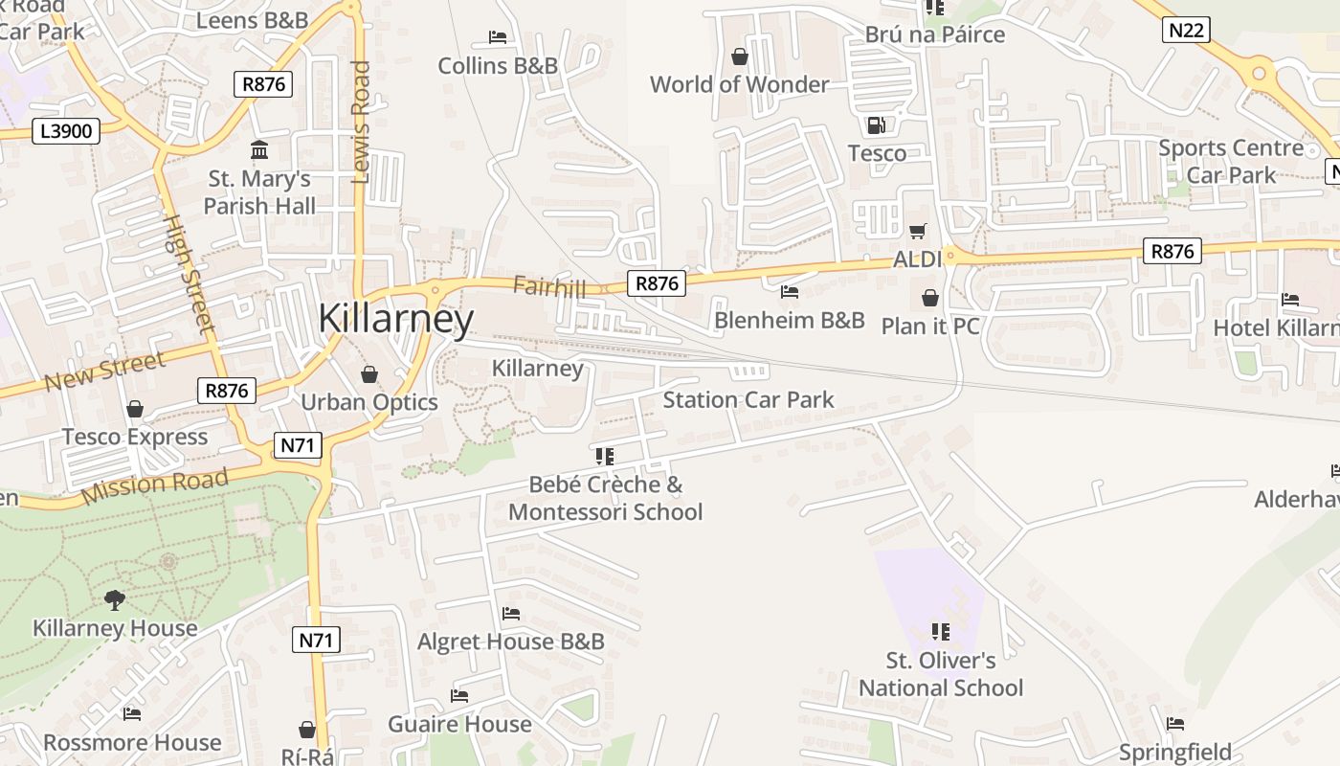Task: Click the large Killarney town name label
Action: pos(395,319)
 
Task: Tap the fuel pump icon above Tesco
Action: pos(876,125)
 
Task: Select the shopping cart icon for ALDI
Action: pos(918,231)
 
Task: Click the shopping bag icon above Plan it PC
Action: pos(929,299)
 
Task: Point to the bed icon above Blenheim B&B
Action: pos(790,291)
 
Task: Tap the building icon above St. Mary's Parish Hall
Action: pos(258,150)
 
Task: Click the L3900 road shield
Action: pos(66,131)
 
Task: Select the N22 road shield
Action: pos(1187,31)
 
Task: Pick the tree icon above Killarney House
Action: pos(115,600)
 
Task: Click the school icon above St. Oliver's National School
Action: pos(941,632)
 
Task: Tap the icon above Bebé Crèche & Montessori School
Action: pos(604,457)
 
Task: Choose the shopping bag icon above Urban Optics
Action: pos(369,374)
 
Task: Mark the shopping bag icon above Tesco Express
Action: pos(135,410)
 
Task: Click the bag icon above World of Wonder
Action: pos(739,57)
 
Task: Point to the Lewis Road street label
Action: pos(361,122)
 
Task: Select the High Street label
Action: pos(189,273)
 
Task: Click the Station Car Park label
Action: pos(748,399)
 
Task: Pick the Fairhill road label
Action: pos(548,285)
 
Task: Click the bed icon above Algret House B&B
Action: pos(511,614)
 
